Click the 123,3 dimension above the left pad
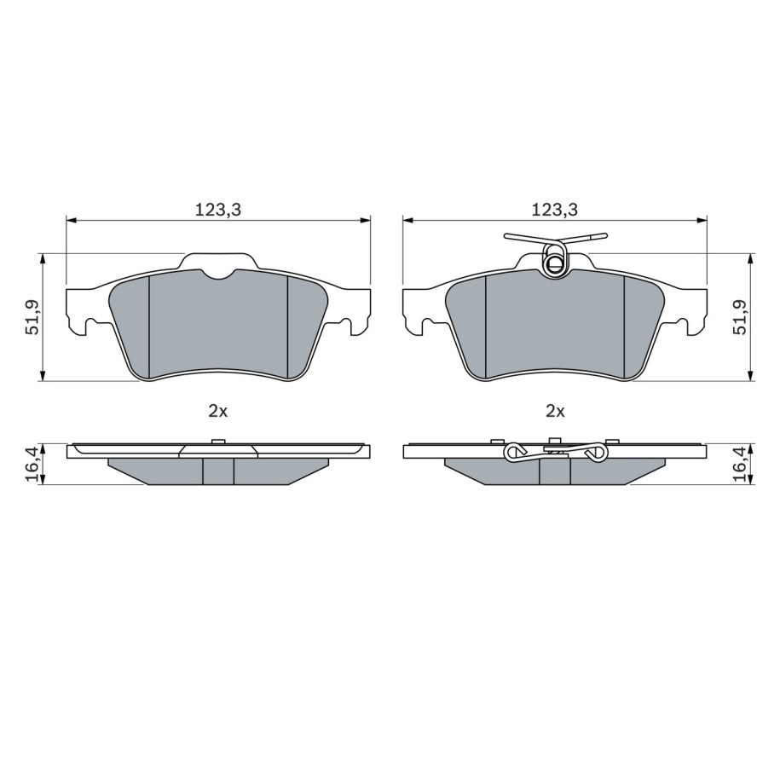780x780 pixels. pyautogui.click(x=217, y=210)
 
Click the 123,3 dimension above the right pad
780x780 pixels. pyautogui.click(x=555, y=210)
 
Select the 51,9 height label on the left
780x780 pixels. pyautogui.click(x=33, y=316)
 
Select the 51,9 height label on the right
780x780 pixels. pyautogui.click(x=740, y=316)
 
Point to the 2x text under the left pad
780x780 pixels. pyautogui.click(x=218, y=411)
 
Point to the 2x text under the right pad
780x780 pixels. pyautogui.click(x=555, y=411)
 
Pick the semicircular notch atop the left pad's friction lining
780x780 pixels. pyautogui.click(x=218, y=274)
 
